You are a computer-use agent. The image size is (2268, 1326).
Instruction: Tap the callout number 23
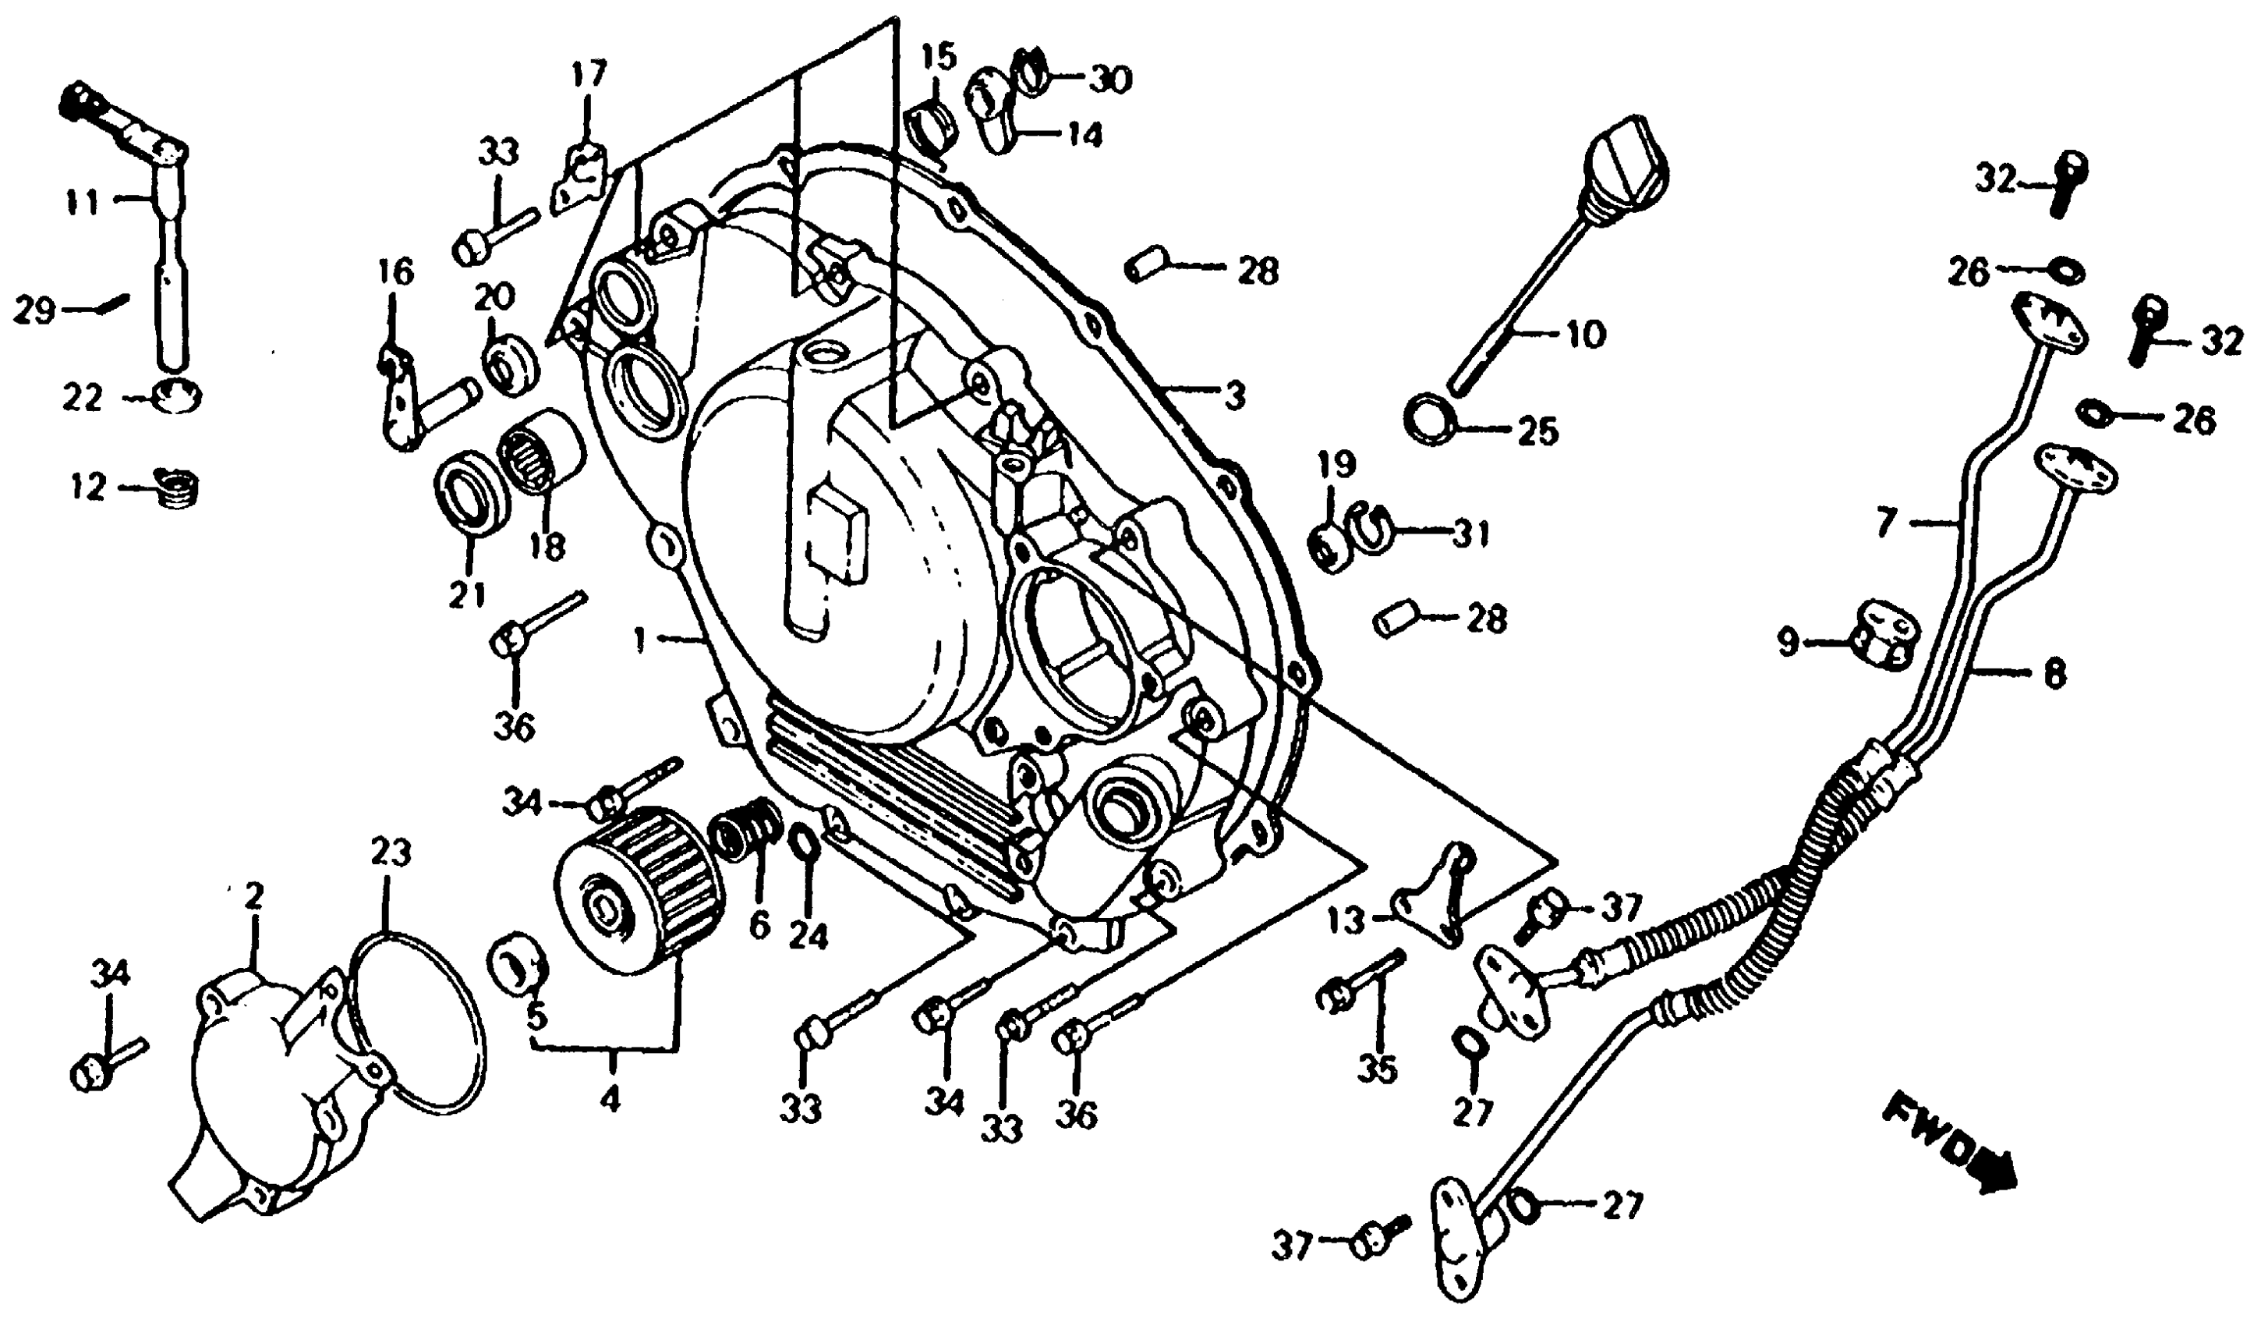click(x=391, y=852)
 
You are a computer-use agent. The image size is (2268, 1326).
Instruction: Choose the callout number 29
click(x=34, y=311)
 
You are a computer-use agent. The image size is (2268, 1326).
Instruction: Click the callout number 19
click(x=1336, y=466)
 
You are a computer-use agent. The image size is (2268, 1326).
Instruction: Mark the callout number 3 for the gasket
click(x=1234, y=393)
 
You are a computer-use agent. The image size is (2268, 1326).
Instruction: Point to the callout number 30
click(x=1109, y=81)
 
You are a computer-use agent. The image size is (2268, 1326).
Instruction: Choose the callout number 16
click(x=396, y=271)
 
